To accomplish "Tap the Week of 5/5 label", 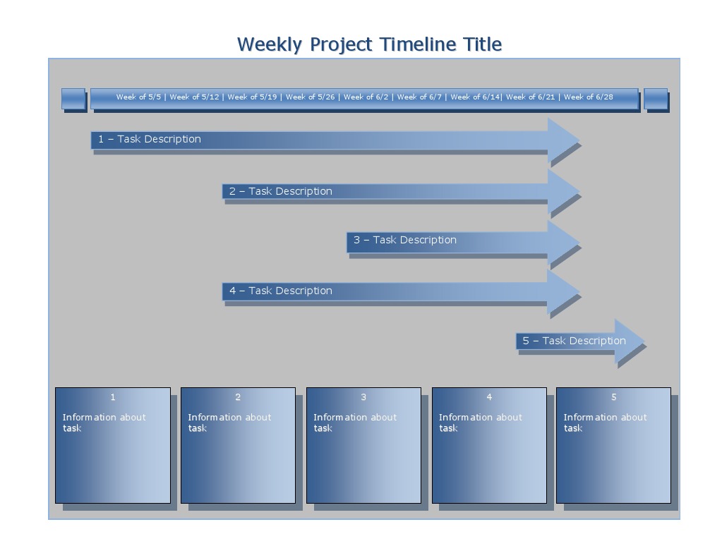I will pos(138,97).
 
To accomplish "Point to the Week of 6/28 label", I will pos(588,97).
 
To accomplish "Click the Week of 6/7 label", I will pos(419,97).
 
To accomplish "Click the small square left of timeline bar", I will pos(73,99).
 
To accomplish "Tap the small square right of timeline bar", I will pos(655,99).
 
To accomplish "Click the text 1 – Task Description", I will pos(150,139).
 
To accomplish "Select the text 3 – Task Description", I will pos(405,240).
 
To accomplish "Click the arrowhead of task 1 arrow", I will pos(563,140).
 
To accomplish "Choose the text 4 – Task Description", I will pos(280,291).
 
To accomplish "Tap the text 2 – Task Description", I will pos(280,191).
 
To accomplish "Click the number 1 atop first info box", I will pos(113,397).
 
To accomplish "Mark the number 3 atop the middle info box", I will pos(363,397).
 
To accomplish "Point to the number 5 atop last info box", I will pos(613,397).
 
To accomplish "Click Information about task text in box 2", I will pos(229,423).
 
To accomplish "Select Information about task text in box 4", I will pos(480,423).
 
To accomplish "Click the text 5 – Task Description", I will pos(574,341).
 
